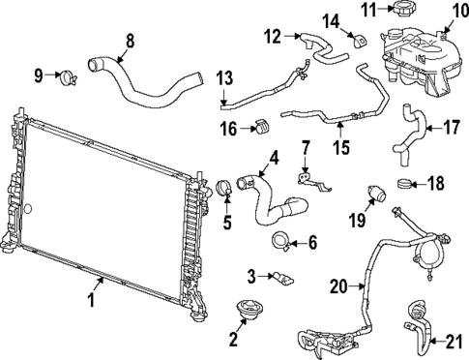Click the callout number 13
coord(224,77)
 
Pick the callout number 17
coord(451,127)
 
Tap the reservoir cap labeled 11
coord(398,11)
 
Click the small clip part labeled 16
coord(261,126)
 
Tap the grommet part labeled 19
coord(376,194)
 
